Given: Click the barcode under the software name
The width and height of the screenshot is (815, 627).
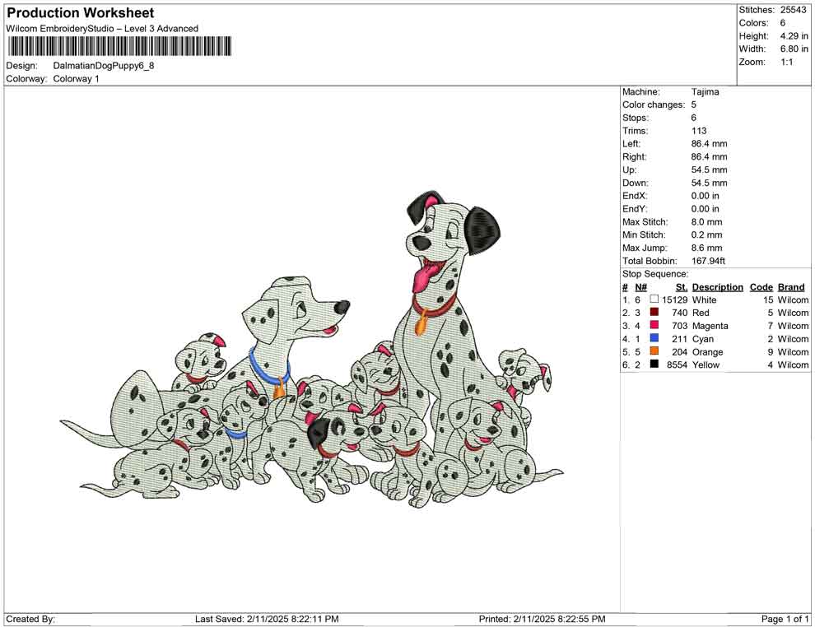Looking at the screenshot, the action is tap(119, 46).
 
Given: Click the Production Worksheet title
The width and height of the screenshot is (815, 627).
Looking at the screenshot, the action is tap(81, 13).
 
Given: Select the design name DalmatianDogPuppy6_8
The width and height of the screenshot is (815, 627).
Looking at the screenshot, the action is tap(104, 66).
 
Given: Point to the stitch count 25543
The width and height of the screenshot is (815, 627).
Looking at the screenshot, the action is tap(793, 10).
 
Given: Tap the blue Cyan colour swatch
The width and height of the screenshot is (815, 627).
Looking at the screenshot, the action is tap(654, 338).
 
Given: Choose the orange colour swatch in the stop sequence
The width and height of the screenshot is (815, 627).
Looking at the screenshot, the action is tap(654, 351).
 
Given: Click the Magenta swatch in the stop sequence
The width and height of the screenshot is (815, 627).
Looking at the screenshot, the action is tap(654, 325).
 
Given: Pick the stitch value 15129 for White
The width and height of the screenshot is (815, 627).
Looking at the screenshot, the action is tap(674, 300).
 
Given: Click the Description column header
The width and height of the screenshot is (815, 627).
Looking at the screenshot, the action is tap(717, 287).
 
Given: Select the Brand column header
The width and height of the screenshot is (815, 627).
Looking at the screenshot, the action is tap(791, 287).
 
